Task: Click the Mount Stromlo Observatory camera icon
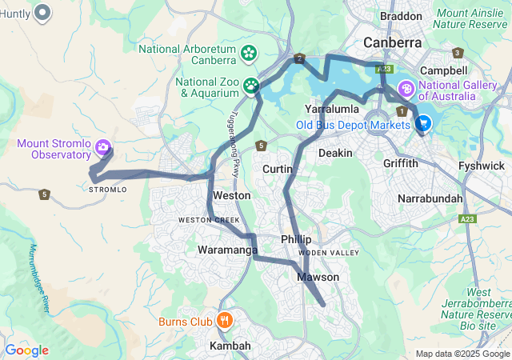(102, 147)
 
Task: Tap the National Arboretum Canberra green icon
(249, 54)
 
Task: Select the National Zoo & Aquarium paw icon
(252, 85)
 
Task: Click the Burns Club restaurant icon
(224, 322)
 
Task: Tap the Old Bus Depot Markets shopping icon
(423, 124)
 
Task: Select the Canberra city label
(392, 42)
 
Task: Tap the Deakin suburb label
(335, 152)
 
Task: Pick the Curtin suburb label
(278, 169)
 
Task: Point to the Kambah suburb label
(230, 346)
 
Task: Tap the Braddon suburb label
(401, 16)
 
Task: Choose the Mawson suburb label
(318, 277)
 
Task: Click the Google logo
(26, 350)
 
